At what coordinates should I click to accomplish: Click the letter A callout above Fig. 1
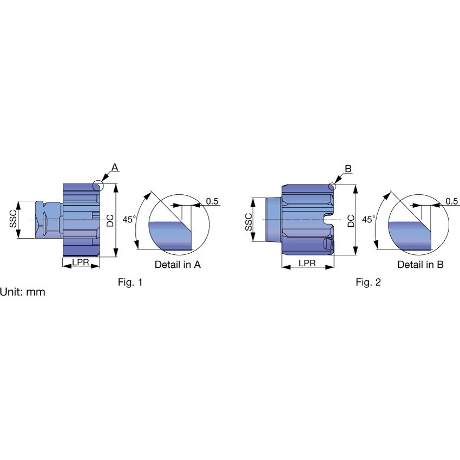coord(115,168)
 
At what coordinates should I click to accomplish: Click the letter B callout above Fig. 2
coord(348,169)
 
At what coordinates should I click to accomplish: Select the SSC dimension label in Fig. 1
coord(13,219)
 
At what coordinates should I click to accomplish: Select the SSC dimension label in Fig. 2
coord(248,222)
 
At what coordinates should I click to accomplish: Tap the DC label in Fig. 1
coord(110,221)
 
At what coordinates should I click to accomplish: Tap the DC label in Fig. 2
coord(351,221)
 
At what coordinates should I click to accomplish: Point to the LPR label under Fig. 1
coord(81,262)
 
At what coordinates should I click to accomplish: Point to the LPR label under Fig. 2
coord(307,263)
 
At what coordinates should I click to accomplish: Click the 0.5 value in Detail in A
coord(212,201)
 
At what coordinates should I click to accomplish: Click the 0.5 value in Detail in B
coord(451,201)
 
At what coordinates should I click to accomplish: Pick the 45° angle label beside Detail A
coord(129,219)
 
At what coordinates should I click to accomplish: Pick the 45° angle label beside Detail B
coord(369,219)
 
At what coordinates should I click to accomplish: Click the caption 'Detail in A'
coord(178,265)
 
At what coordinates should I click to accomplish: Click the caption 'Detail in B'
coord(420,265)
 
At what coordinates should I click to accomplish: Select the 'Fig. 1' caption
coord(130,282)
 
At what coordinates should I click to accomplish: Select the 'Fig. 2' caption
coord(368,282)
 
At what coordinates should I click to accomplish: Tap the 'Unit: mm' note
coord(23,292)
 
